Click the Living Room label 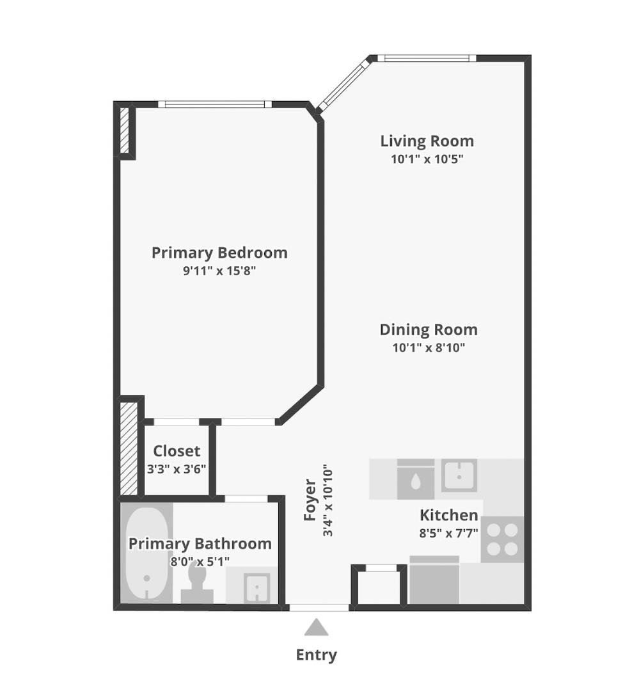click(x=427, y=141)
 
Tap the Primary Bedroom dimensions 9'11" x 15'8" click(x=219, y=271)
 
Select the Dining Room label click(x=428, y=330)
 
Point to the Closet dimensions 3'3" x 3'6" click(x=177, y=469)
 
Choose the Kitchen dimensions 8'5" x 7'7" click(x=448, y=533)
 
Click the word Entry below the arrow click(x=316, y=655)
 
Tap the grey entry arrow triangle click(x=316, y=628)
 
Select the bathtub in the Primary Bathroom click(x=146, y=553)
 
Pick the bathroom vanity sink click(x=257, y=586)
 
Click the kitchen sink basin click(x=459, y=475)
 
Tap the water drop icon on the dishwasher click(x=416, y=481)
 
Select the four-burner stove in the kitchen click(x=502, y=539)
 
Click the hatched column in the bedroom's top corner click(x=125, y=131)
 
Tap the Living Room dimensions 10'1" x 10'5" click(x=427, y=159)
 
